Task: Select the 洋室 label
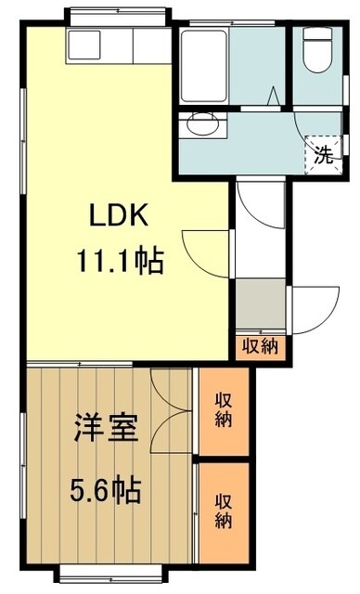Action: click(x=106, y=430)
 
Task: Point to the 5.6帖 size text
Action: click(x=106, y=488)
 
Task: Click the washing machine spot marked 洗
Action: click(x=322, y=153)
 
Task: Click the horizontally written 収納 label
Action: click(x=261, y=347)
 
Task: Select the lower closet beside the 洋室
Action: click(x=224, y=511)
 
